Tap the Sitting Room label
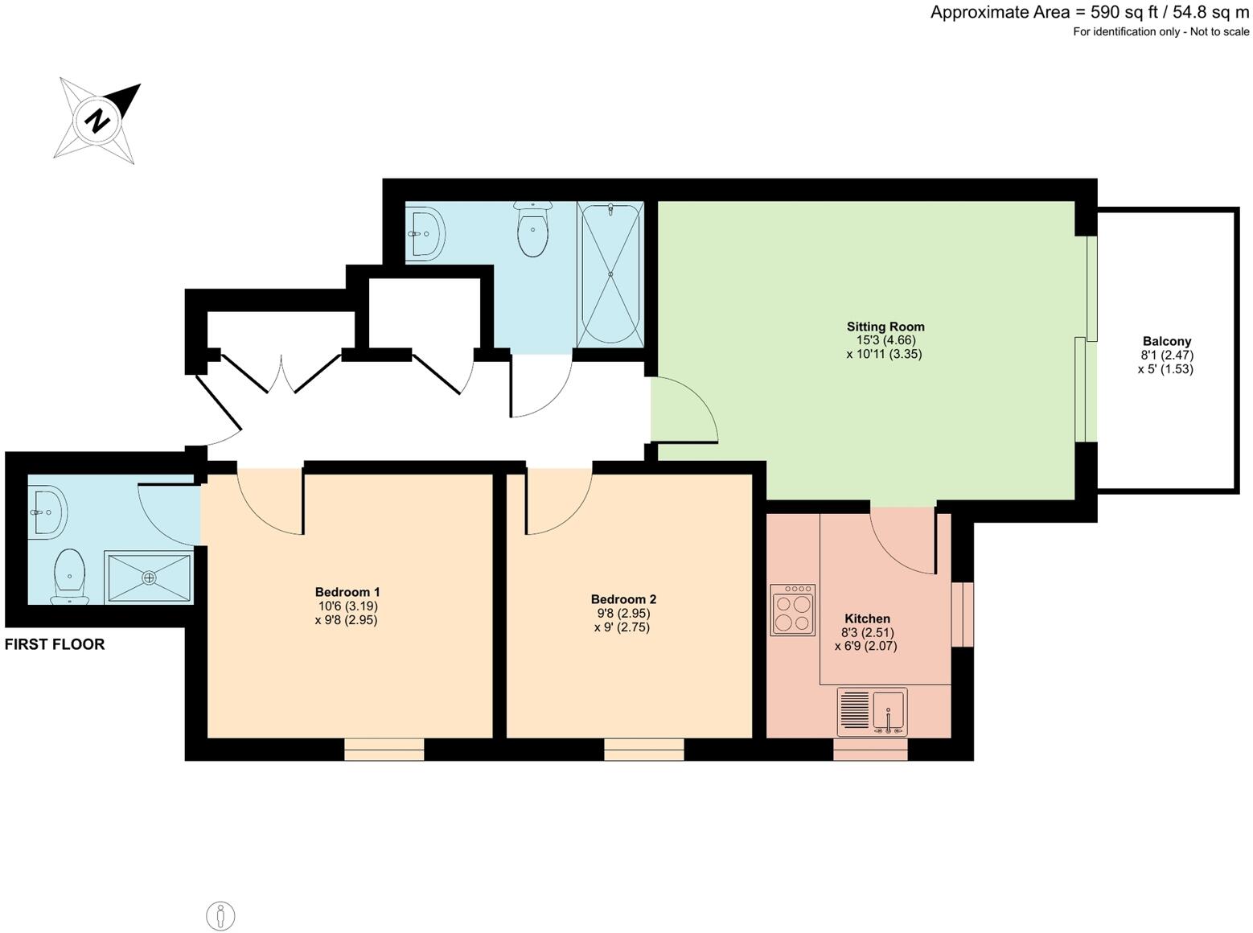[885, 327]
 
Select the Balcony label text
[1166, 341]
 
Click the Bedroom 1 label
[347, 592]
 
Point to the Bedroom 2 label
[622, 599]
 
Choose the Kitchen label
[867, 619]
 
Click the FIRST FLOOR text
[55, 644]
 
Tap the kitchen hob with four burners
[792, 610]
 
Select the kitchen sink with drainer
[872, 711]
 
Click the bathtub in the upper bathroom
[610, 274]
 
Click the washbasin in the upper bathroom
[424, 234]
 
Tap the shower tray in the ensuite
[149, 577]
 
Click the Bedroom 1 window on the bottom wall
[384, 750]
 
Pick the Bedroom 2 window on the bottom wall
[643, 750]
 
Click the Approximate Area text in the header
[1089, 12]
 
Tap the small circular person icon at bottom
[220, 916]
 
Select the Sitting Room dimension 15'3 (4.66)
[885, 340]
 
